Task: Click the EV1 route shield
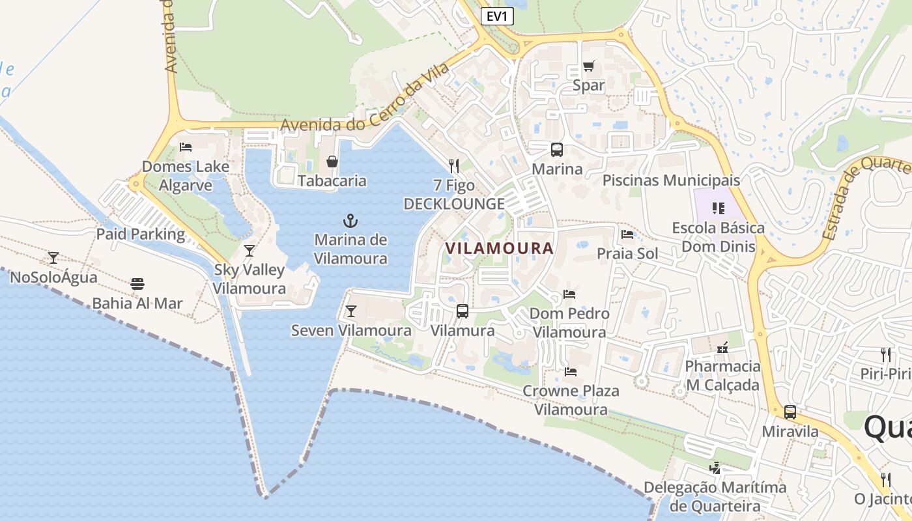pos(497,16)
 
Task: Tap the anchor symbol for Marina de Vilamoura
pos(350,220)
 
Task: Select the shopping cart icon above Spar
pos(589,65)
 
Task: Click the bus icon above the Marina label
pos(557,150)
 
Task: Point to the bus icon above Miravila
pos(790,412)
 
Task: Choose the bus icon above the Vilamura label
pos(463,311)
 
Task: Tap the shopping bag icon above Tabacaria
pos(332,161)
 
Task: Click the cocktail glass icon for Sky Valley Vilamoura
pos(249,251)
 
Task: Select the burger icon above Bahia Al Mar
pos(137,283)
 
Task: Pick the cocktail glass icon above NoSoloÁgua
pos(53,258)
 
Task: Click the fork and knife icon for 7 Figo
pos(454,166)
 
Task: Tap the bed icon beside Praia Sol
pos(627,234)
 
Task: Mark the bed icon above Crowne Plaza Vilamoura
pos(571,372)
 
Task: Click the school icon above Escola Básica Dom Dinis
pos(719,208)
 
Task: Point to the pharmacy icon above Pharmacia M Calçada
pos(722,347)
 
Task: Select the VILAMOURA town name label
pos(500,248)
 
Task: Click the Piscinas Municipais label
pos(672,180)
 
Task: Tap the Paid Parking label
pos(141,234)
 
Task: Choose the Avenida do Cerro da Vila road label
pos(365,104)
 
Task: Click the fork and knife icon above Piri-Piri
pos(885,354)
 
